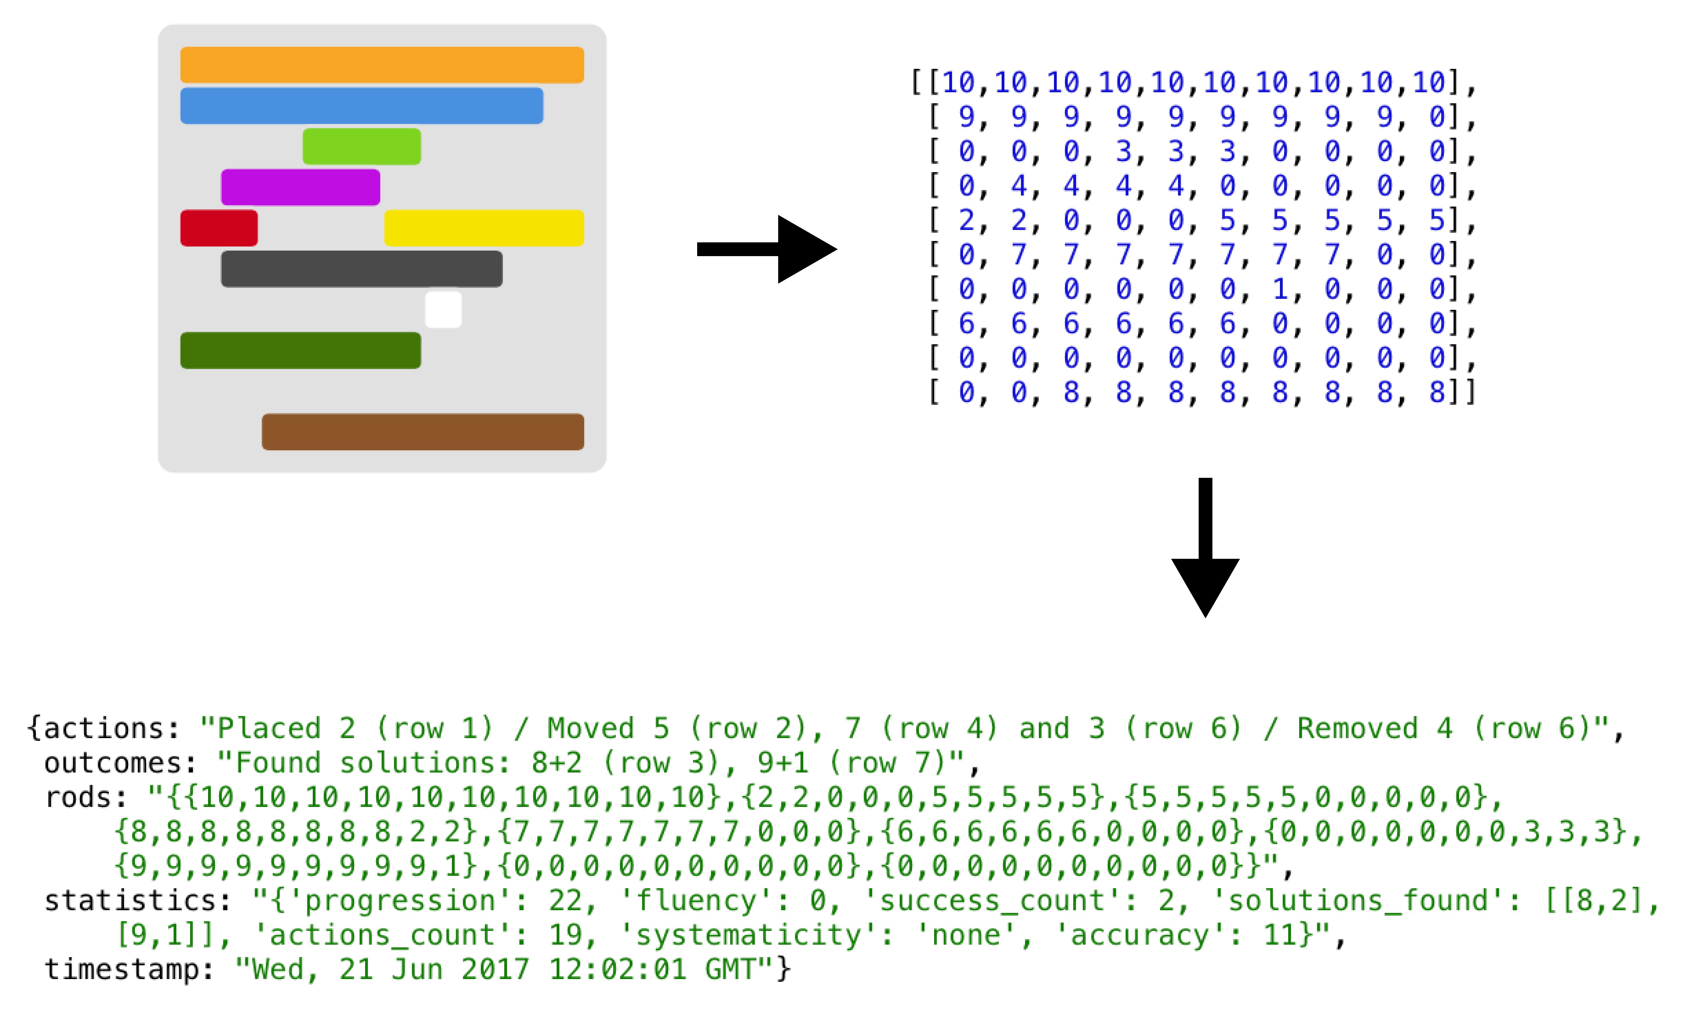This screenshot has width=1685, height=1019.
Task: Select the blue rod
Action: click(x=362, y=106)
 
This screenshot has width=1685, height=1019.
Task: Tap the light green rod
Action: click(x=362, y=146)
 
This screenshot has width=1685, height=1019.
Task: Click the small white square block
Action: click(x=443, y=309)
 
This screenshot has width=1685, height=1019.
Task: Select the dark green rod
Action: click(x=301, y=350)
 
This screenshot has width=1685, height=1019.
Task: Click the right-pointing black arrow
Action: click(x=767, y=250)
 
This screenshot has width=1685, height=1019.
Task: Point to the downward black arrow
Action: click(x=1206, y=547)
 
